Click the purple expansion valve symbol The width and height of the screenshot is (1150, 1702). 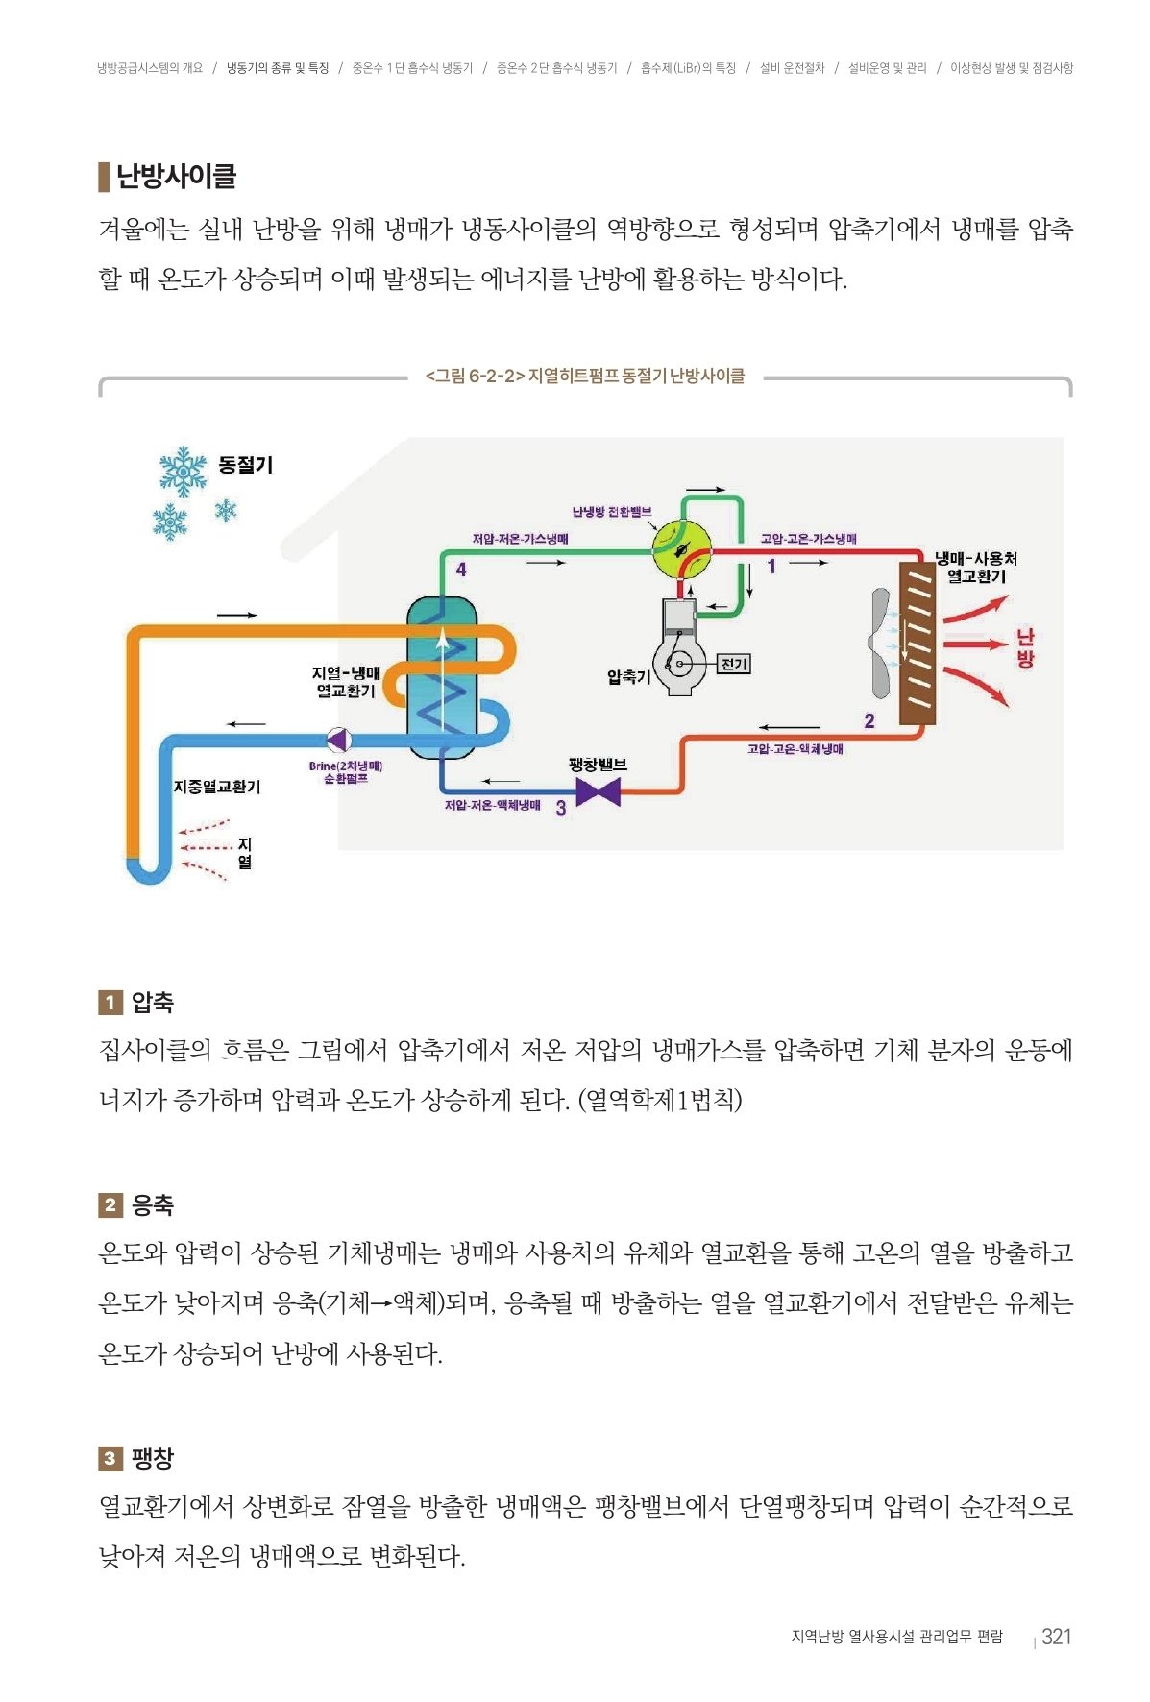coord(598,792)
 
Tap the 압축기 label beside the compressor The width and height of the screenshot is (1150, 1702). coord(628,676)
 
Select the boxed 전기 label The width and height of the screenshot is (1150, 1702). coord(734,664)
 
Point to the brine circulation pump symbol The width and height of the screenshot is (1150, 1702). coord(338,740)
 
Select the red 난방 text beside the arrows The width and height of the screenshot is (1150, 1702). coord(1025,647)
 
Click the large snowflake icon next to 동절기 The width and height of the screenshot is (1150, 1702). coord(183,471)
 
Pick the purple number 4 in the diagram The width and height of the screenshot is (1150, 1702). coord(461,570)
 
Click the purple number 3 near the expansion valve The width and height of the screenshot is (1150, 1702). coord(561,809)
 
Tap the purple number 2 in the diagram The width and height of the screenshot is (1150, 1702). coord(869,720)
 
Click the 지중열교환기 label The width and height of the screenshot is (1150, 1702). coord(217,787)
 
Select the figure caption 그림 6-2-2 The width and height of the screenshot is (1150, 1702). coord(584,376)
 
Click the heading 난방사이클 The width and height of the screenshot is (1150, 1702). coord(176,177)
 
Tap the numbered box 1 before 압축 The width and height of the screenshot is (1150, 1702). coord(110,1003)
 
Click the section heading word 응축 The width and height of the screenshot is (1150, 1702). coord(153,1205)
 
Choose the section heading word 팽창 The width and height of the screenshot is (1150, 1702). coord(153,1458)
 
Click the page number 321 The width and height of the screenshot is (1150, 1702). coord(1056,1637)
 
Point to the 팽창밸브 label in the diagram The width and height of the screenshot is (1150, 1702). coord(598,765)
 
